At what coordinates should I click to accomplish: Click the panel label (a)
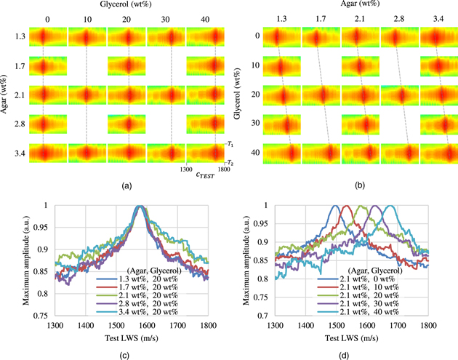(x=127, y=186)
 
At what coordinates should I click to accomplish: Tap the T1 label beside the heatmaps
(x=229, y=145)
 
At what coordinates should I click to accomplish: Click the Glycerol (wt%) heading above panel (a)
(x=129, y=7)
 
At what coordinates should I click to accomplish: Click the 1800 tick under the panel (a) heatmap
(x=224, y=167)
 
